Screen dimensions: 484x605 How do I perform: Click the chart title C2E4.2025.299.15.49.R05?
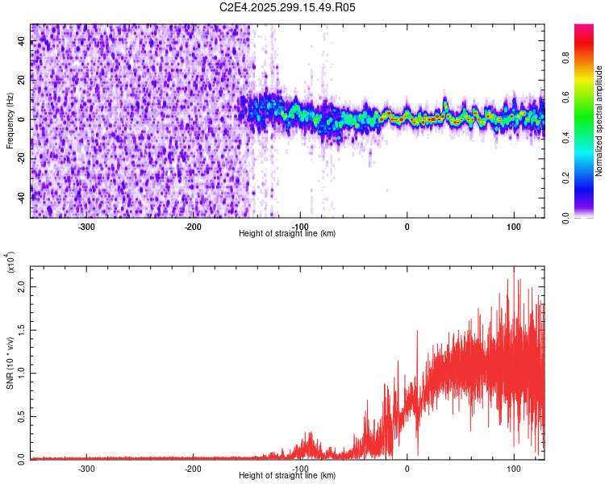[288, 7]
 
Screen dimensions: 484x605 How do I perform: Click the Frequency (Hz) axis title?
[10, 120]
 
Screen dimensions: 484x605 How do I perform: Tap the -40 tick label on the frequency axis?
[20, 197]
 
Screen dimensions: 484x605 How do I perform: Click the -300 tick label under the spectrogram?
[86, 226]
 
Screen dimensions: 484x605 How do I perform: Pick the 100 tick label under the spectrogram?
[514, 226]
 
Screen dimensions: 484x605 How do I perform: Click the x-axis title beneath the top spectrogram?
[287, 234]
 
